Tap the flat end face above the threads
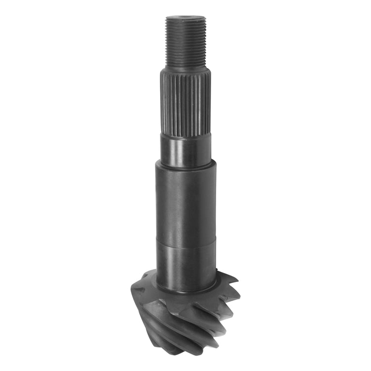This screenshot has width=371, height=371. coord(185,18)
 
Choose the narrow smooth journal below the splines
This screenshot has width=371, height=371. coord(185,151)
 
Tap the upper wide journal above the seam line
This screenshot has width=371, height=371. coord(185,203)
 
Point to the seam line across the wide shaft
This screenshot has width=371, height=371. coord(185,241)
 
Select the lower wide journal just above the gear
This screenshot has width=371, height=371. coord(185,262)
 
